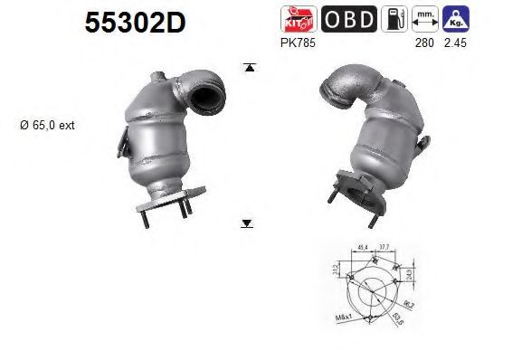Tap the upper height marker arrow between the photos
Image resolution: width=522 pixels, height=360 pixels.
click(x=247, y=68)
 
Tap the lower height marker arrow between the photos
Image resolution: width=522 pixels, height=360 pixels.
click(x=247, y=222)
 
